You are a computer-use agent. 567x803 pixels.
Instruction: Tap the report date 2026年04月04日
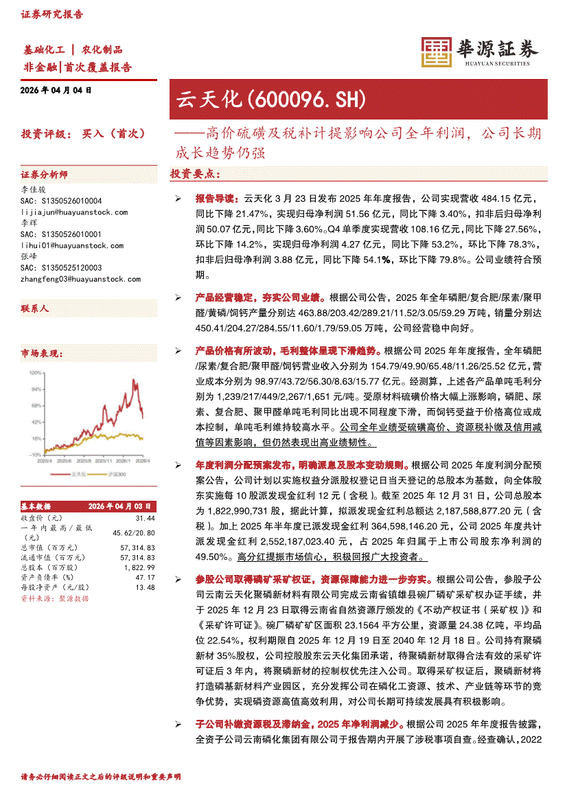pos(56,91)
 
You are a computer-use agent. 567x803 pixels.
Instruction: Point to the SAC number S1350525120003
pos(61,268)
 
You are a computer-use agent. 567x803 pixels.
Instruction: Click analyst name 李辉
pos(29,223)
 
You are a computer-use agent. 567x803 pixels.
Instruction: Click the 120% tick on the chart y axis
pos(34,372)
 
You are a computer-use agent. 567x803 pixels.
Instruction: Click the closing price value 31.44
pos(145,517)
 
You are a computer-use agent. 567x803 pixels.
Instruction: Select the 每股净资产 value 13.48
pos(146,587)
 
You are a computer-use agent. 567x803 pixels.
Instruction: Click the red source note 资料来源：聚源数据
pos(55,598)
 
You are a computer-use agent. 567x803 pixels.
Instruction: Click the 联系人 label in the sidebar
pos(35,309)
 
